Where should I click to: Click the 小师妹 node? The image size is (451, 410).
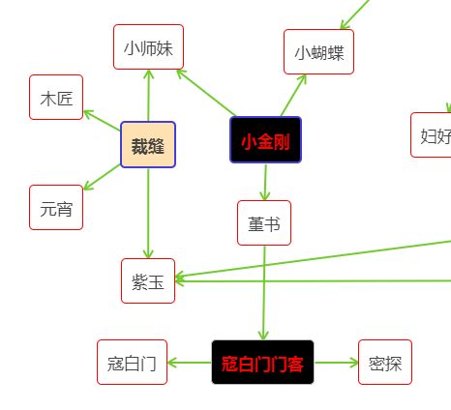click(x=148, y=46)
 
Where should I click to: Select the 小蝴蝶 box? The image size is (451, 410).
click(x=318, y=52)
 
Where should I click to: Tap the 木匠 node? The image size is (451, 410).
click(x=56, y=98)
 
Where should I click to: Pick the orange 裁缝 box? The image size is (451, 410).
click(x=148, y=145)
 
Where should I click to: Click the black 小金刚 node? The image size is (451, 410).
click(x=265, y=140)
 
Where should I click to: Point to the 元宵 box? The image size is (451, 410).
click(x=56, y=208)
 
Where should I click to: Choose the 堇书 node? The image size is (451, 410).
click(x=264, y=223)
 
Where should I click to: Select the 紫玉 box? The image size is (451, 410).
click(x=148, y=281)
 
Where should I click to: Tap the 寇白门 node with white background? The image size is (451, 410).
click(x=132, y=363)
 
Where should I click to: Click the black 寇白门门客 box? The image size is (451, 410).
click(x=262, y=363)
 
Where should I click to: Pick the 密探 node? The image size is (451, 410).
click(x=385, y=363)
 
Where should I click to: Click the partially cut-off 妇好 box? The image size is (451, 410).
click(x=431, y=135)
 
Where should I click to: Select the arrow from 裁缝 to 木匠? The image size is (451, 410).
click(x=102, y=121)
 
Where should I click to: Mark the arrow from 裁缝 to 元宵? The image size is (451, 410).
click(x=102, y=177)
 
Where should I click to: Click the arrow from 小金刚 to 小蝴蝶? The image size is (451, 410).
click(x=293, y=96)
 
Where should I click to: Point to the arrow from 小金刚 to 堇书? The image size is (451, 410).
click(x=265, y=183)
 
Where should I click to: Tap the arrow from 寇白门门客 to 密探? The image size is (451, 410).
click(x=337, y=363)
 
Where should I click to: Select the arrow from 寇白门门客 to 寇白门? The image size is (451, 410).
click(x=190, y=363)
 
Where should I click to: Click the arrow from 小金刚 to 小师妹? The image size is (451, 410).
click(x=206, y=93)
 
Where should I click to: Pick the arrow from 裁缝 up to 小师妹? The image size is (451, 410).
click(x=148, y=96)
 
